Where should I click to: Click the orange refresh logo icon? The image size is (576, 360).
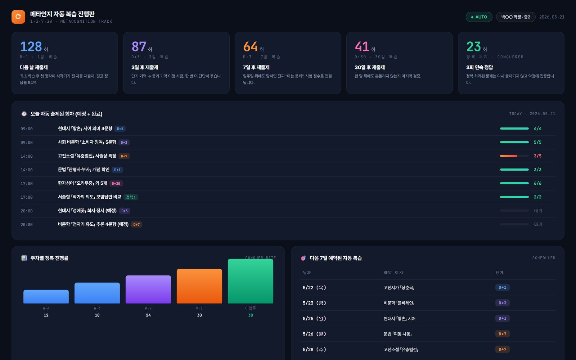click(18, 17)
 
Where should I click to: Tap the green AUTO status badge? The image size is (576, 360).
click(479, 17)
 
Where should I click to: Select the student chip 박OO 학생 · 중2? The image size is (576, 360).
click(516, 17)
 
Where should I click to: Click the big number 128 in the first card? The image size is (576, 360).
click(31, 46)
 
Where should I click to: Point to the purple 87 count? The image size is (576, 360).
click(139, 46)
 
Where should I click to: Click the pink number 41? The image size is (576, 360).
click(362, 46)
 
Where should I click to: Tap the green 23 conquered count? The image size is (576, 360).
click(474, 46)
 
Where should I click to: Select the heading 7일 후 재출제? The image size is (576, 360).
click(256, 67)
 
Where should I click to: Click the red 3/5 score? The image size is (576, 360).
click(537, 156)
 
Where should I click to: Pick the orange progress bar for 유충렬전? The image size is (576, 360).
click(508, 156)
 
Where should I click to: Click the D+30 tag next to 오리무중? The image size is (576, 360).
click(116, 183)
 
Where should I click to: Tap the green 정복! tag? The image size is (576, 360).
click(130, 197)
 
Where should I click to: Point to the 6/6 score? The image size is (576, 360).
click(537, 183)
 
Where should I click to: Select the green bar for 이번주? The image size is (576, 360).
click(251, 281)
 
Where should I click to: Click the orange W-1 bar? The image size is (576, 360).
click(199, 286)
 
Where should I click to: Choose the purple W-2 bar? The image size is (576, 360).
click(148, 289)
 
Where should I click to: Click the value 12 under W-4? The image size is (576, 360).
click(46, 315)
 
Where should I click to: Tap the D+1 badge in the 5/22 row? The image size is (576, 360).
click(503, 287)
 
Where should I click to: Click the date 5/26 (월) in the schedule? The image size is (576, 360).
click(314, 334)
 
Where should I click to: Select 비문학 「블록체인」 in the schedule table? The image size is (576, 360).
click(399, 303)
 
